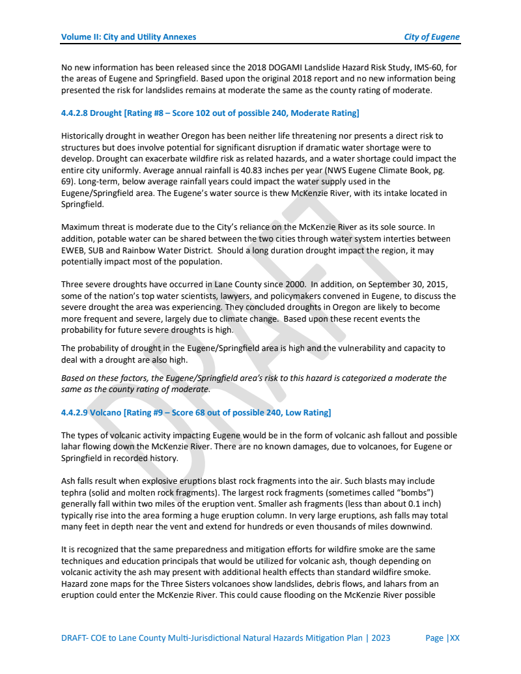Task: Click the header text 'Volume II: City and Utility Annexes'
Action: pos(128,37)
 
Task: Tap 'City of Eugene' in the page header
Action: pos(432,37)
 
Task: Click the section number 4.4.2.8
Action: pos(74,113)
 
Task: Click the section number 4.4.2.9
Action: pos(74,413)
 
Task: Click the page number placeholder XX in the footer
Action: pos(454,638)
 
